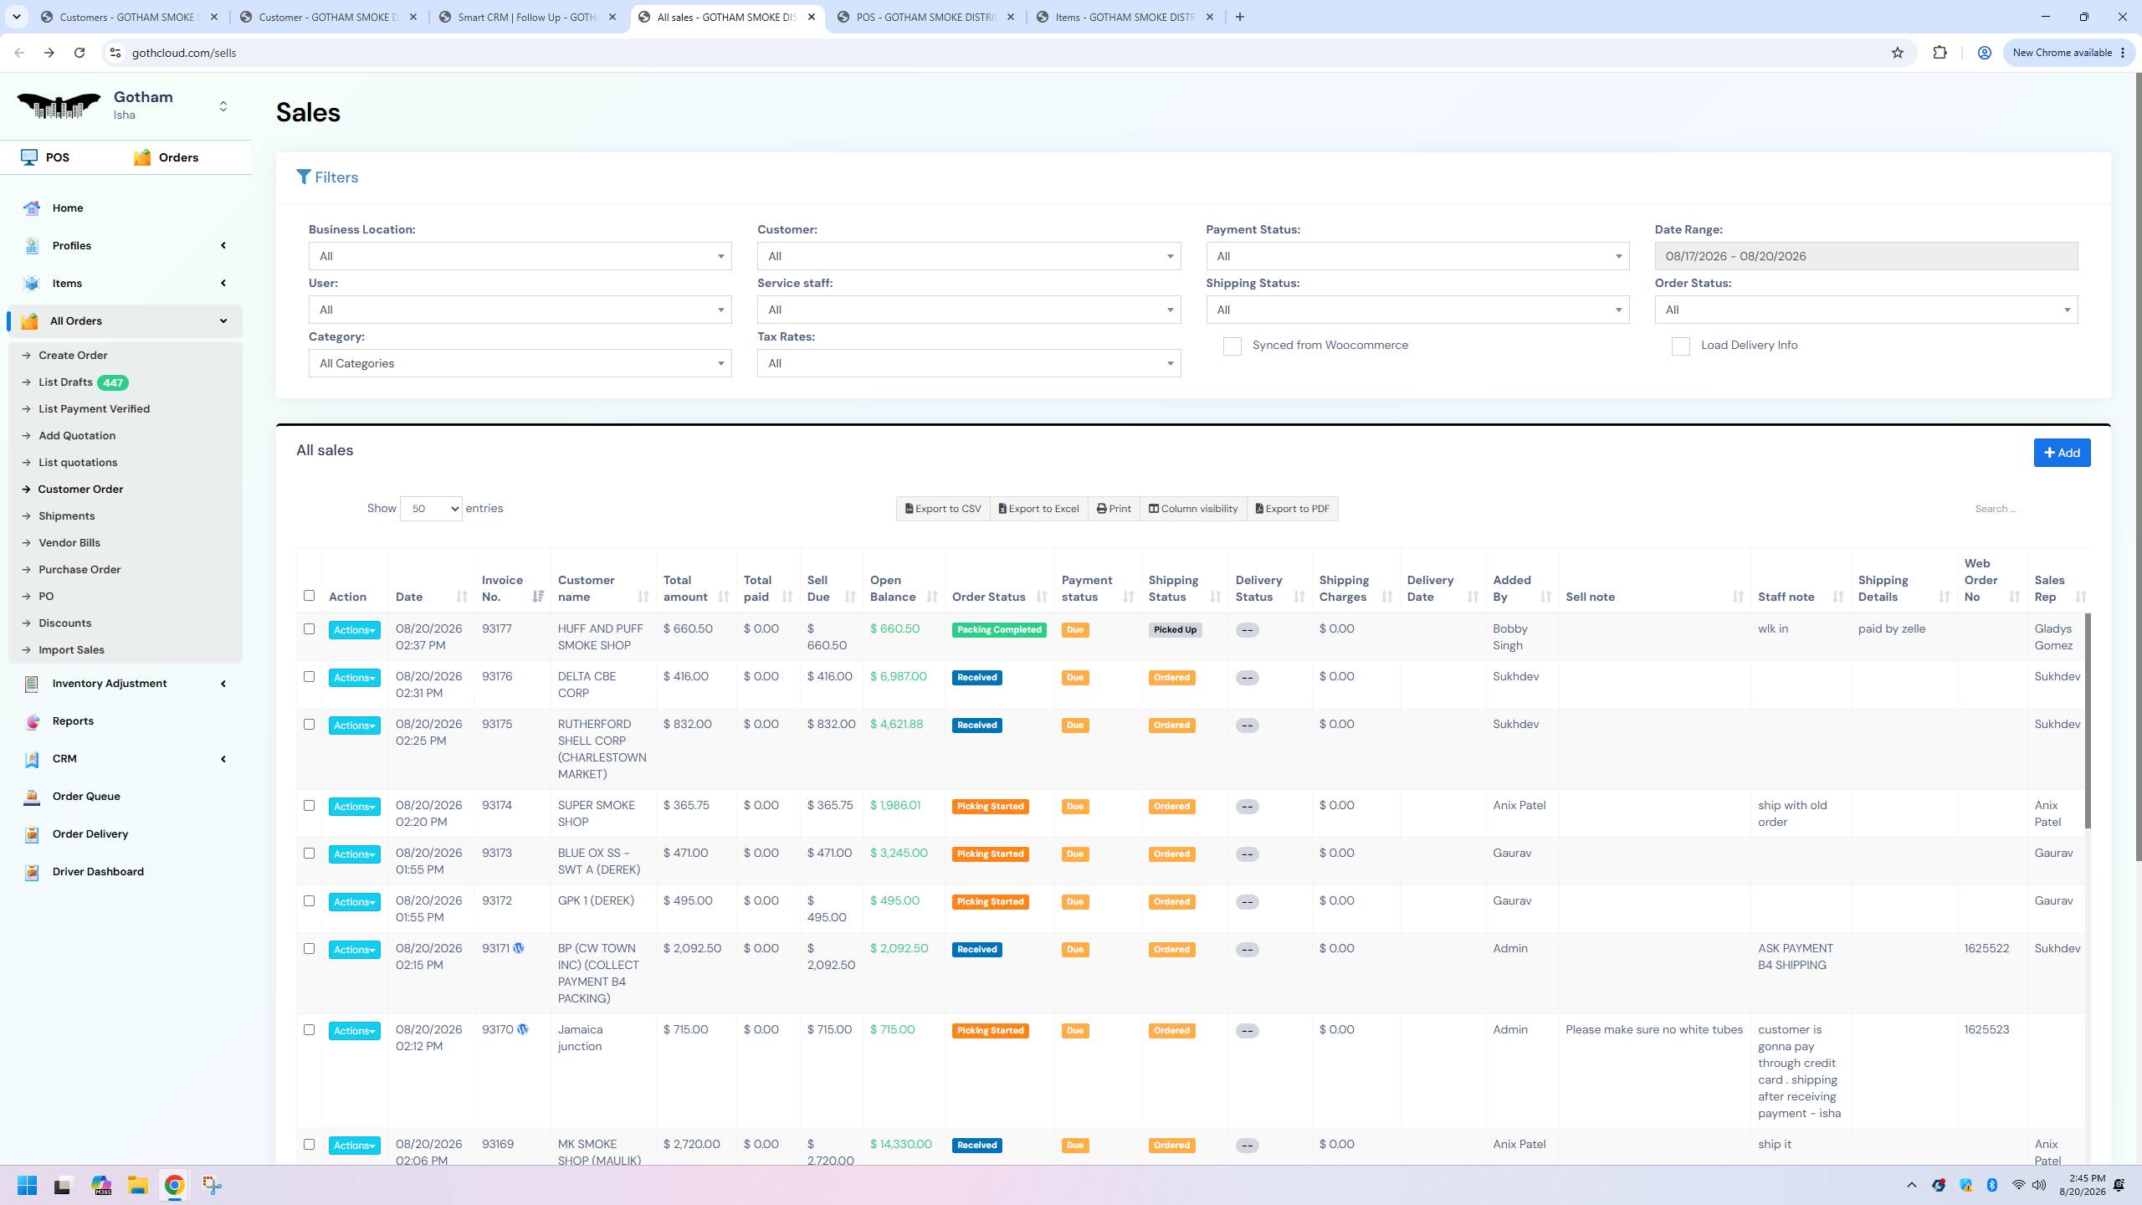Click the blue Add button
[2062, 453]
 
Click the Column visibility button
[1192, 509]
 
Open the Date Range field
[1866, 256]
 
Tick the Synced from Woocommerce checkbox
[1232, 346]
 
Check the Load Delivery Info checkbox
[1680, 346]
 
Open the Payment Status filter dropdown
[1417, 256]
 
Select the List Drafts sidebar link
[65, 382]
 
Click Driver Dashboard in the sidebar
[98, 871]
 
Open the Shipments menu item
[67, 516]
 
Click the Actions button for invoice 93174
[355, 807]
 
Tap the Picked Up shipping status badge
[1175, 630]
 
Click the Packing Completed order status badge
[999, 630]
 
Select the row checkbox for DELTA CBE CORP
[310, 676]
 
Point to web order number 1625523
[1986, 1030]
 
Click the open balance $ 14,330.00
[900, 1145]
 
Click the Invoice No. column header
[502, 588]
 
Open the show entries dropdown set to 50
[431, 509]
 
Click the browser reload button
[79, 53]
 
